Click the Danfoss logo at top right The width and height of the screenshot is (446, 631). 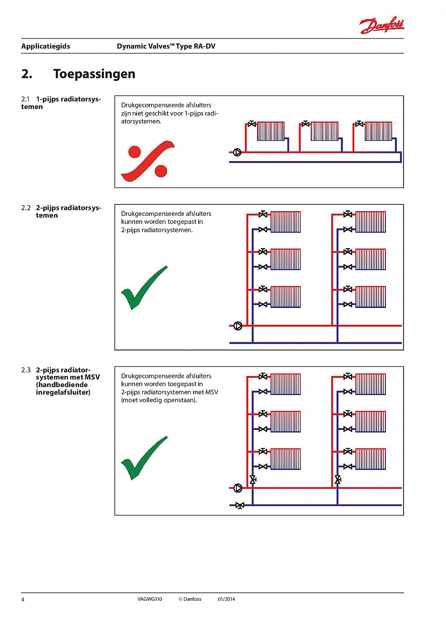click(x=382, y=25)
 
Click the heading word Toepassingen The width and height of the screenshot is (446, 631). click(x=94, y=74)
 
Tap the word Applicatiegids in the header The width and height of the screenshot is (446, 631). click(x=45, y=46)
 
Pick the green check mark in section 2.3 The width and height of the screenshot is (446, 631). click(x=143, y=458)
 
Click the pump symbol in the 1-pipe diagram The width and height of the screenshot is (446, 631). click(x=237, y=152)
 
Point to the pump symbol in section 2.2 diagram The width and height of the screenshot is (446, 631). click(x=238, y=326)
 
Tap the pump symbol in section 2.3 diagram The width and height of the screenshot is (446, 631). click(x=238, y=488)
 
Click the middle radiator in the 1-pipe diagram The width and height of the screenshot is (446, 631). click(x=324, y=131)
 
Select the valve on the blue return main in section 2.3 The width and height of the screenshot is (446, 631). click(x=240, y=505)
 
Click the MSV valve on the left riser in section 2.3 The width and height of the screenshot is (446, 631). click(x=253, y=480)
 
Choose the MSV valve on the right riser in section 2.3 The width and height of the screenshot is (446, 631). click(x=338, y=480)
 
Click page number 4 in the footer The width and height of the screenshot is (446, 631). click(x=23, y=599)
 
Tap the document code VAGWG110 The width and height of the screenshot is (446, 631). click(x=150, y=599)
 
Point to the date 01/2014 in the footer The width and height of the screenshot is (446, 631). click(x=226, y=599)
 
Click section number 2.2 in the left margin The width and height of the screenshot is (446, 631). click(x=26, y=208)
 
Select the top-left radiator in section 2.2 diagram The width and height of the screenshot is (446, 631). click(x=286, y=222)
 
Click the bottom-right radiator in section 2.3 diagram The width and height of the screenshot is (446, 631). click(x=371, y=459)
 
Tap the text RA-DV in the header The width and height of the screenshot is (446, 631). click(x=204, y=46)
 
